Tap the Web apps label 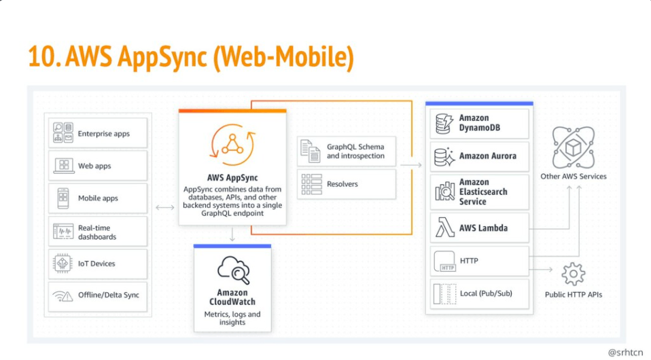pos(94,166)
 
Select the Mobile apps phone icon pos(63,198)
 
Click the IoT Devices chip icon pos(63,264)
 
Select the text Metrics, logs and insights pos(232,319)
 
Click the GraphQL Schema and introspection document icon pos(311,151)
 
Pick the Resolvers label pos(342,184)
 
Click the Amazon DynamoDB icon pos(444,123)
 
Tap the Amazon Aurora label pos(487,156)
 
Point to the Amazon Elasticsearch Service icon pos(444,192)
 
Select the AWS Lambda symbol pos(444,229)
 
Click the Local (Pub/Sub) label pos(487,293)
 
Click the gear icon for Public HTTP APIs pos(573,274)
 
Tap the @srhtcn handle pos(625,352)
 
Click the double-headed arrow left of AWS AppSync pos(164,206)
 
